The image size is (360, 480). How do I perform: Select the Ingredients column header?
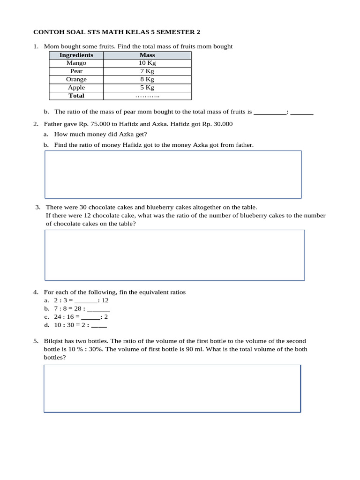coord(76,55)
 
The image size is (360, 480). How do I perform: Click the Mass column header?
coord(147,55)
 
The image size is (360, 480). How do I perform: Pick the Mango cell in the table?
coord(76,63)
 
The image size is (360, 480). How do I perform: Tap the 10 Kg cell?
coord(147,63)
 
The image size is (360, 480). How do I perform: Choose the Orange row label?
coord(76,79)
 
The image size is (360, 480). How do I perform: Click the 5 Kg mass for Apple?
coord(147,87)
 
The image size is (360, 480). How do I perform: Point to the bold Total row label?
coord(76,96)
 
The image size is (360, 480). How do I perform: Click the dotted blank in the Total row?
coord(147,96)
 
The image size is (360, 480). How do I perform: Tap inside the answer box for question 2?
coord(172,174)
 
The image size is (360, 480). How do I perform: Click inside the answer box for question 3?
coord(174,255)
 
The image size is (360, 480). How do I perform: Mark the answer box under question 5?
coord(172,389)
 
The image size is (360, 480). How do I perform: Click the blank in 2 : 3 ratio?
coord(86,300)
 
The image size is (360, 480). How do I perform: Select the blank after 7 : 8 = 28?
coord(98,309)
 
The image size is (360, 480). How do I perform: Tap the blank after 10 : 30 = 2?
coord(99,325)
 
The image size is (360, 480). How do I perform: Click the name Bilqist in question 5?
coord(54,341)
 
